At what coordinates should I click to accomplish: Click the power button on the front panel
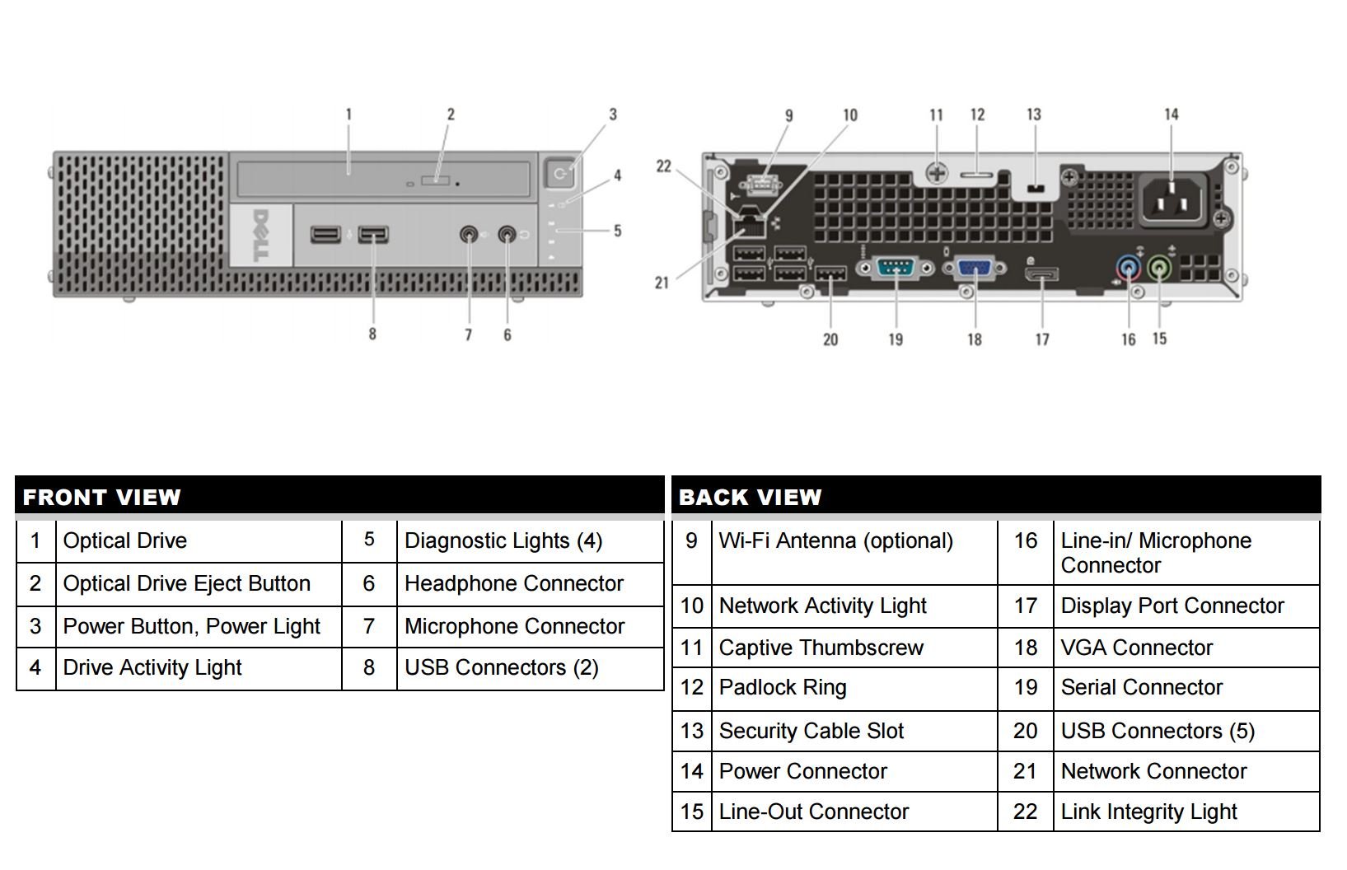560,174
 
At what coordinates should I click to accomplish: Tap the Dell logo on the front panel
261,235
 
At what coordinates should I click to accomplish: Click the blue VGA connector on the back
975,268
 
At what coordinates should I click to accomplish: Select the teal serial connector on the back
896,268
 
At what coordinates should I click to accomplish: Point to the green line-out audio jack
1159,268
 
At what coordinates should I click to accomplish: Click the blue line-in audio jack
1129,268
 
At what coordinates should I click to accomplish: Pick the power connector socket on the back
1172,200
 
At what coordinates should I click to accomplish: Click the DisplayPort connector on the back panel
1041,275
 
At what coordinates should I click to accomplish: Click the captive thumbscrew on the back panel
937,174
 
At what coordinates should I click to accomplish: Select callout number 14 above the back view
1172,115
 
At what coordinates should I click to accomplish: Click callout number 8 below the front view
372,334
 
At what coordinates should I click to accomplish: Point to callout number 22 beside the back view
663,166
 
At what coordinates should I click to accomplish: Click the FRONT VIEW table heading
101,498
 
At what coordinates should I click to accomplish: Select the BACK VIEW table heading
750,498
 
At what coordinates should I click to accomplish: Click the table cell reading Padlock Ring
854,688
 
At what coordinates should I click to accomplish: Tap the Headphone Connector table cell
530,584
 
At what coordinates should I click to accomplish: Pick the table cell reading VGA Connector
1186,648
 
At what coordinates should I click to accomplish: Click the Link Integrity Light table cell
1186,812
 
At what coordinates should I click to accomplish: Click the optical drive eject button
435,180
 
